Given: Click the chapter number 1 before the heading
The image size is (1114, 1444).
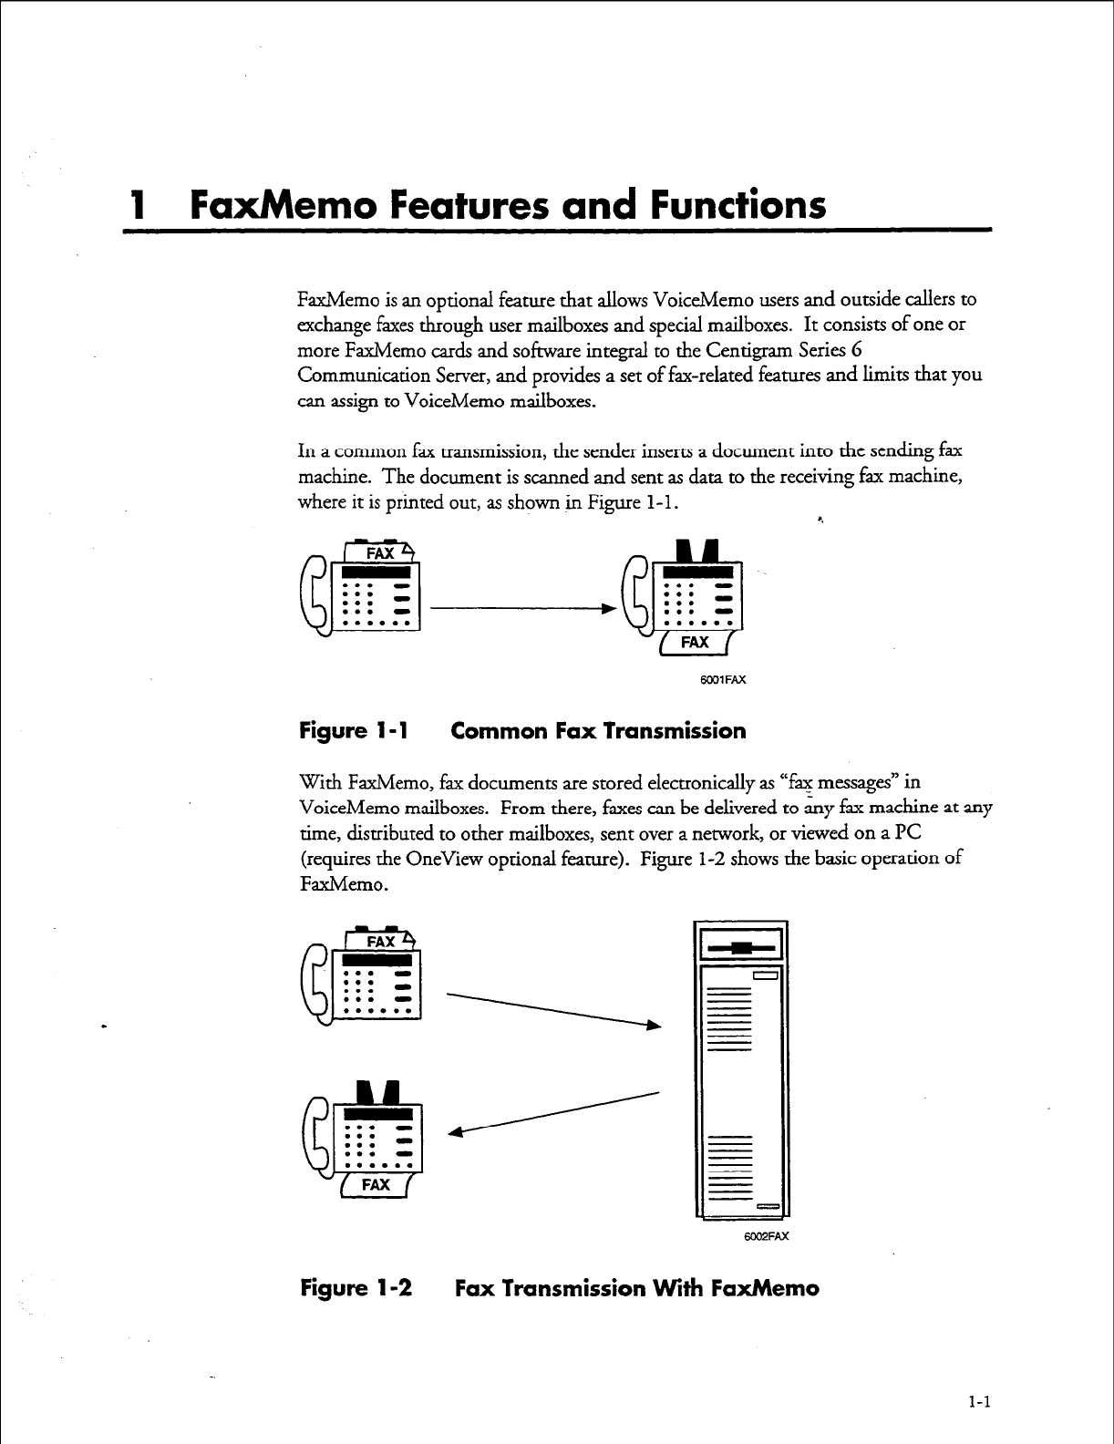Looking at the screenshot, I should coord(139,205).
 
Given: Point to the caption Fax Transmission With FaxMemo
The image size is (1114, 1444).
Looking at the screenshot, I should coord(636,1288).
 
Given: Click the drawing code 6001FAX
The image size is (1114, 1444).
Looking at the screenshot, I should coord(723,679).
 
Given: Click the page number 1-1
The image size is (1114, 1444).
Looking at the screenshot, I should coord(979,1404).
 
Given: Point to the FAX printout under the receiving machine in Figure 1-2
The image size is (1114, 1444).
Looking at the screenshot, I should coord(376,1185).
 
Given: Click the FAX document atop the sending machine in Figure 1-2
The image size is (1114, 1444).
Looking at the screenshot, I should coord(380,941).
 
